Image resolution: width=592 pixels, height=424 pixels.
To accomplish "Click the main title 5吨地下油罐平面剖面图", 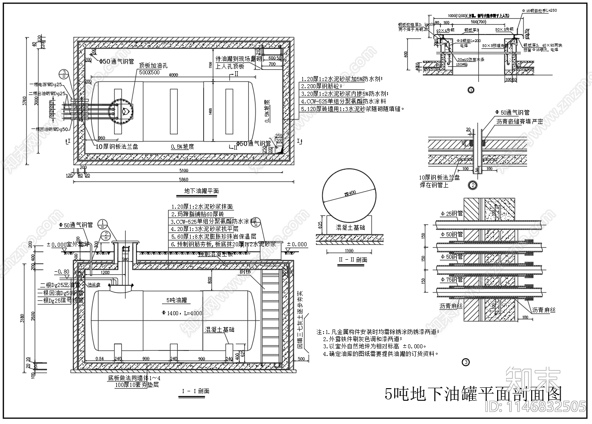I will tap(473, 394).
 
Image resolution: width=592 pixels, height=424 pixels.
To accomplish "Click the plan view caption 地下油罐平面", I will tap(201, 191).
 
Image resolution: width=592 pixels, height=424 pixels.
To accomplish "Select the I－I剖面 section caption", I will tap(196, 391).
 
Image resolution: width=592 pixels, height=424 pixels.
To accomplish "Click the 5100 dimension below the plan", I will tap(184, 171).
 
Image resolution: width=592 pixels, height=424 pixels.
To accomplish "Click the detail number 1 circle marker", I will tap(470, 90).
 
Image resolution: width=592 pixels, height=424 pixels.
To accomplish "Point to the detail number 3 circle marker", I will tap(465, 362).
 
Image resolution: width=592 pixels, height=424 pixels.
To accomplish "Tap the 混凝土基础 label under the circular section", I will tap(350, 227).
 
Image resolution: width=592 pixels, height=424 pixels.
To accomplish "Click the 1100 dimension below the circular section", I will tap(349, 251).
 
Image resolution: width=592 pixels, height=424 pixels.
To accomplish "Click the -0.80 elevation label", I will tap(62, 272).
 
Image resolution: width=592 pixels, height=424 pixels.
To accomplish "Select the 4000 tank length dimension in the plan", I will tap(173, 75).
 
